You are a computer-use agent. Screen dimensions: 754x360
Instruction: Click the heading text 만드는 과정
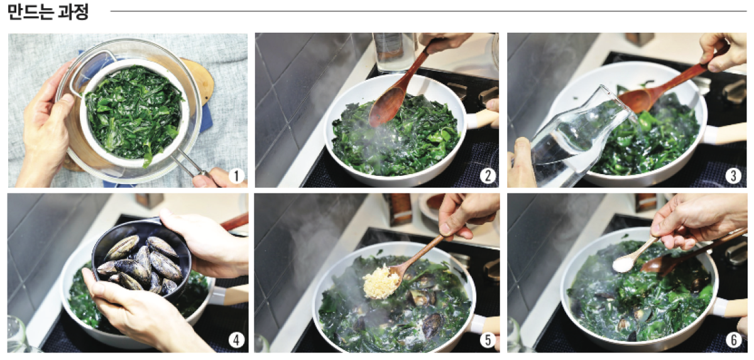(48, 12)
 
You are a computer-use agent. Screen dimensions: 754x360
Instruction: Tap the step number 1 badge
(236, 176)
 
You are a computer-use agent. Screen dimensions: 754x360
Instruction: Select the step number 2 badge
(488, 176)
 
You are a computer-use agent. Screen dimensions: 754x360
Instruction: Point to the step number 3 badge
(734, 176)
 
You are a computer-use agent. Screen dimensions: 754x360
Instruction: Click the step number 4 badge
(236, 341)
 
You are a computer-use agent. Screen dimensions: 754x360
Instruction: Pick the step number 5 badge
(488, 341)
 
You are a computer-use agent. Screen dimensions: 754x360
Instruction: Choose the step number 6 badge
(734, 341)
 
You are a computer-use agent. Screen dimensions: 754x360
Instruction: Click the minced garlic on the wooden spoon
(381, 281)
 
